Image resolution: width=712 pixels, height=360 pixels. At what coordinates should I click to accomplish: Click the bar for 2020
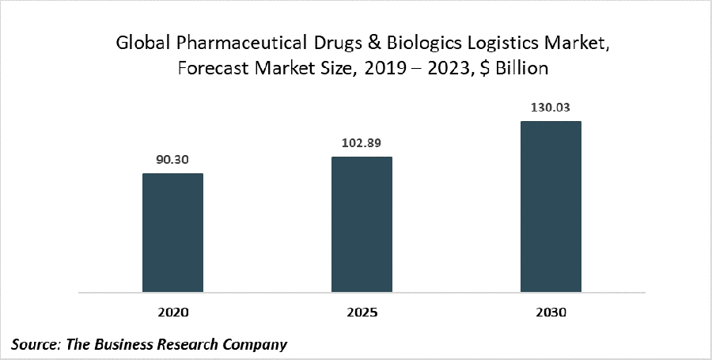point(172,233)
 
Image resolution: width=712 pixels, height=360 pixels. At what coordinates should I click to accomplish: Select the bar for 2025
point(362,225)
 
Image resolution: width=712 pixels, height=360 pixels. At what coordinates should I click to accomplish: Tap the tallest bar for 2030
point(551,207)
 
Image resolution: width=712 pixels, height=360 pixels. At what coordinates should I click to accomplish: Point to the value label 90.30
point(172,158)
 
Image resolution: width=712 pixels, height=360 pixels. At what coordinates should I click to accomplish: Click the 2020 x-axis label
point(172,313)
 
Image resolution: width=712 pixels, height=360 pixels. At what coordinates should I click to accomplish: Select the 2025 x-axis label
point(362,313)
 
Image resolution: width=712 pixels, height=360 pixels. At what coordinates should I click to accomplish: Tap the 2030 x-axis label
point(551,313)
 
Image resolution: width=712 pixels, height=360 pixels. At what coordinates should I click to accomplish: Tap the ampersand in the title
point(352,45)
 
